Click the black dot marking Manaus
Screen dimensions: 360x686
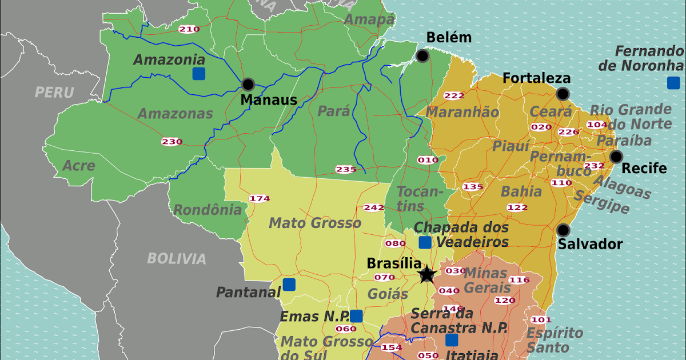pos(248,85)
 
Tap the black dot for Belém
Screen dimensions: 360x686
pos(422,55)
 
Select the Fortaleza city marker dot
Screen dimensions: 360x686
pos(563,94)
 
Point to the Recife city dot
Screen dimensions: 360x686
pos(616,157)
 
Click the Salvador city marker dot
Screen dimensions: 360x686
pos(563,230)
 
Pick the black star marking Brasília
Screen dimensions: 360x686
pos(427,275)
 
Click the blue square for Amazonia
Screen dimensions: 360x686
pos(198,73)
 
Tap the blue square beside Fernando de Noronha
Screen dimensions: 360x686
pos(673,83)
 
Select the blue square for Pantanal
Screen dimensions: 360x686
pos(289,284)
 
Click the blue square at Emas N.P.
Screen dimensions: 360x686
pos(356,316)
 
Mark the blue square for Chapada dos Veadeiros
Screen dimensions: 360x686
pos(425,242)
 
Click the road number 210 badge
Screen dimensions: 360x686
pos(189,29)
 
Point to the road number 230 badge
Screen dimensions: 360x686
pos(171,142)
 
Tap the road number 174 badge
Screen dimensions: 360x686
pos(259,199)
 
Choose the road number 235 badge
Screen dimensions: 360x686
pos(346,169)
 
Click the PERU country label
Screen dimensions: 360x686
pos(54,92)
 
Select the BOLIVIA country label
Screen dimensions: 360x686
pos(177,258)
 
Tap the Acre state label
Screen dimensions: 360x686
pos(79,166)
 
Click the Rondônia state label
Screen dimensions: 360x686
pos(208,210)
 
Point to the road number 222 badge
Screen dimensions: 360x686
pos(454,95)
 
